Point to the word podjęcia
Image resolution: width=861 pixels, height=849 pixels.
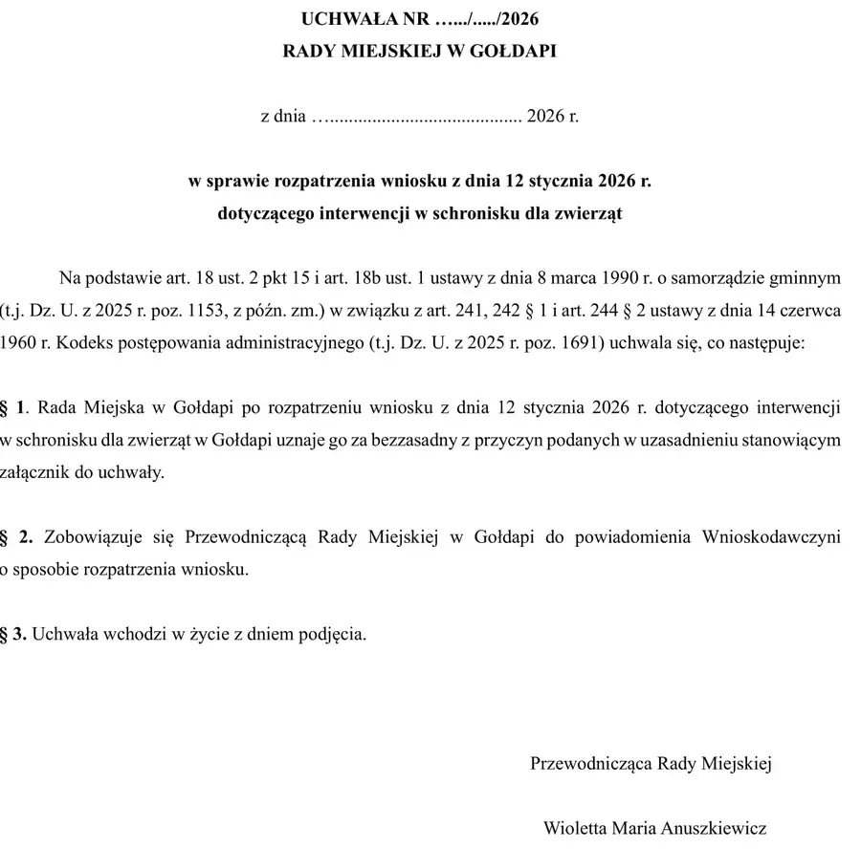(336, 634)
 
